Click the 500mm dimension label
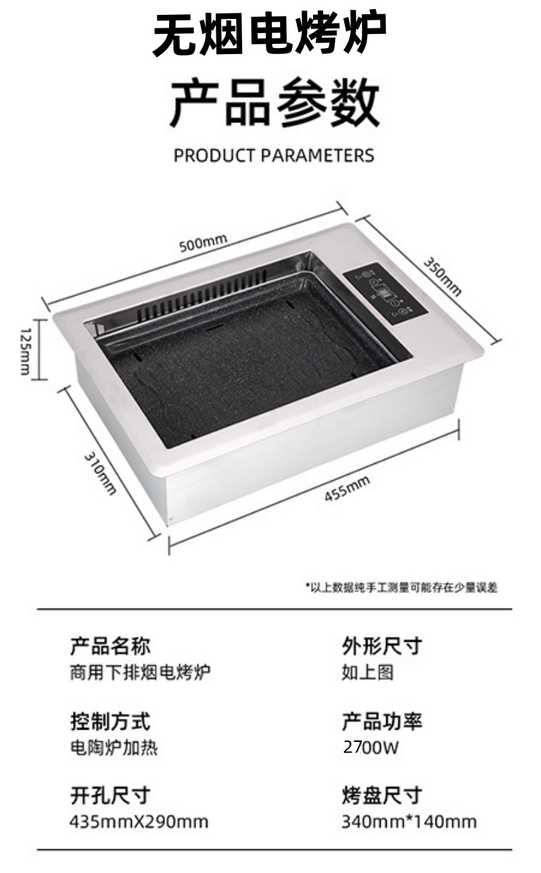203,241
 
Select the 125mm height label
24,350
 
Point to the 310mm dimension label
101,473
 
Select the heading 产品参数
274,101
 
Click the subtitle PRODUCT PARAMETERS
274,155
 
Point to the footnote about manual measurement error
402,588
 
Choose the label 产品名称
110,646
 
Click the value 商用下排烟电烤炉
140,673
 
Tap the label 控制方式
110,721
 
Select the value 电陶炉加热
114,748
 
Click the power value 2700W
371,748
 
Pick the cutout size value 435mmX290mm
139,822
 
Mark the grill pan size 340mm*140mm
409,822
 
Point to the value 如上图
368,673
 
